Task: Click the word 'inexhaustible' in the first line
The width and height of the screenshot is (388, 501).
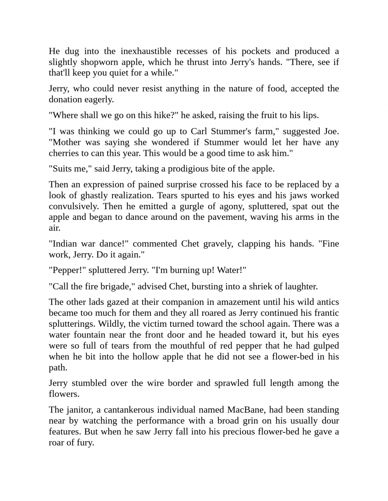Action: (146, 51)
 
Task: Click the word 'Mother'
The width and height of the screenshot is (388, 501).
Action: (67, 142)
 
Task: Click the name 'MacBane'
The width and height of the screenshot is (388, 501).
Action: (246, 410)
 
